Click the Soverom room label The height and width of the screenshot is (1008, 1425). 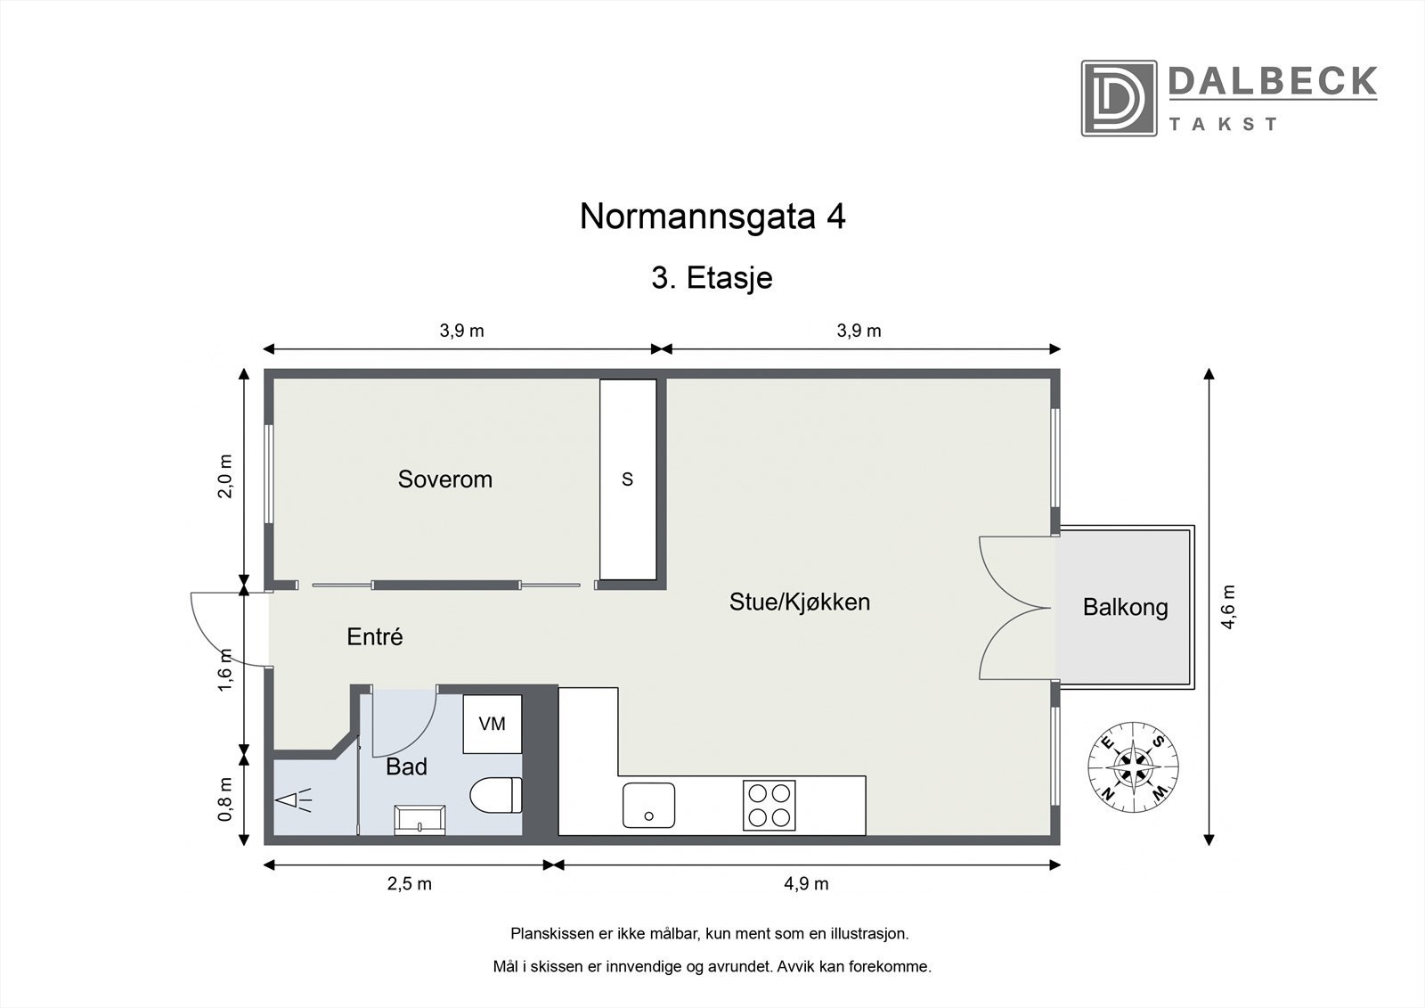tap(444, 479)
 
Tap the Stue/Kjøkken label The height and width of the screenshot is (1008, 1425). tap(799, 602)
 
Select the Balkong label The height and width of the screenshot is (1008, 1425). tap(1125, 608)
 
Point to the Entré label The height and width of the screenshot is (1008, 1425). tap(374, 637)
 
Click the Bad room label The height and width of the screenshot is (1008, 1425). tap(406, 766)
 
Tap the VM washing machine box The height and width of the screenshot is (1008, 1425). tap(492, 724)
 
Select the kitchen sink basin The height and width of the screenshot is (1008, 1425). tap(648, 806)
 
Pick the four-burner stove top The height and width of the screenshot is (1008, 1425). tap(769, 805)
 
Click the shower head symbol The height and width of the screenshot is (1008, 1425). tap(294, 800)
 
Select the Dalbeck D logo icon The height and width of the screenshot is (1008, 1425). tap(1119, 98)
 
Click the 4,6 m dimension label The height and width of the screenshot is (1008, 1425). tap(1229, 607)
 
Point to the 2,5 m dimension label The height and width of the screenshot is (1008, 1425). tap(409, 884)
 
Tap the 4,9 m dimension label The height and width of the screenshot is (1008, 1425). tap(807, 884)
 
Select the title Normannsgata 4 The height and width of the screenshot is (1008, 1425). tap(712, 217)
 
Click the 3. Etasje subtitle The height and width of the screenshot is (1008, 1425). tap(712, 278)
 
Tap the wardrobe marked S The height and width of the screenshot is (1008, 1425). tap(628, 479)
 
